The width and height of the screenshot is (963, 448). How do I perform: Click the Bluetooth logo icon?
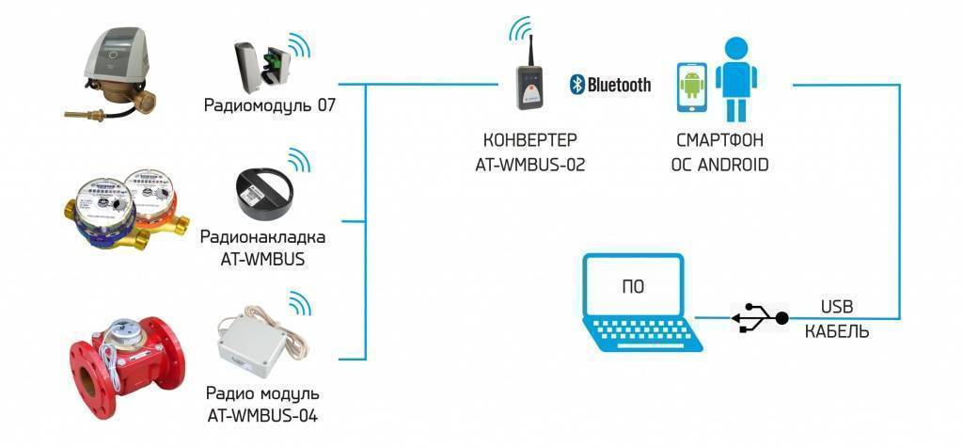576,85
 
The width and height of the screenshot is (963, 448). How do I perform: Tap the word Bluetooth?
619,85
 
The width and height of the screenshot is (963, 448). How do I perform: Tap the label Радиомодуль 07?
269,104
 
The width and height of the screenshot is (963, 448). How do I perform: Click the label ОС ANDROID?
719,164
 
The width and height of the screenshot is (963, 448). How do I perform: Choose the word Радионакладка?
262,236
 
